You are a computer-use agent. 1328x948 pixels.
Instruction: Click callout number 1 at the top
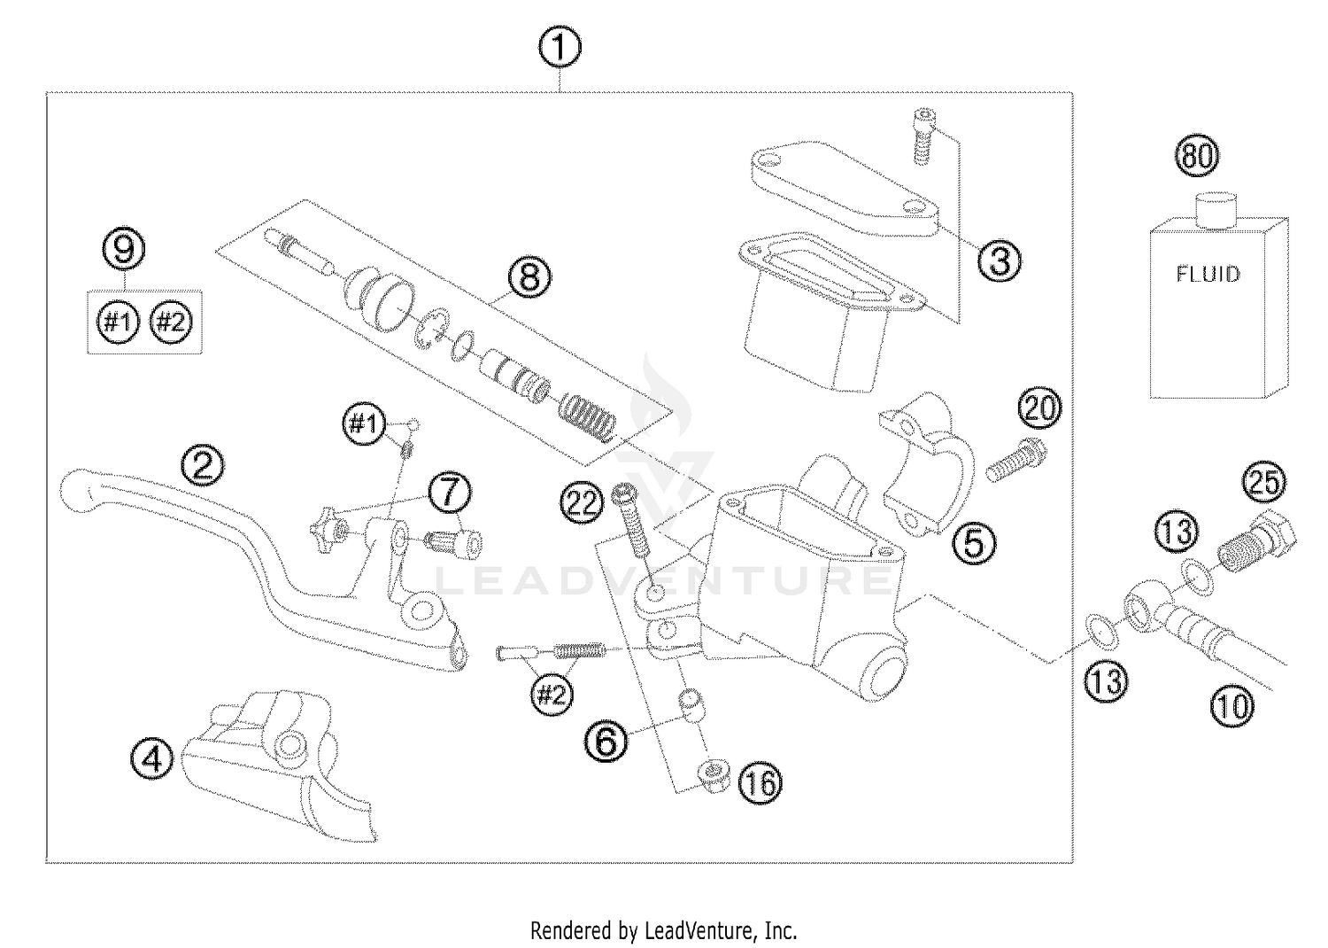coord(560,49)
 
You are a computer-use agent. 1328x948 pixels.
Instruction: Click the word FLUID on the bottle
coord(1208,274)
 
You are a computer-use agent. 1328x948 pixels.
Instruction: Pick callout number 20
coord(1038,408)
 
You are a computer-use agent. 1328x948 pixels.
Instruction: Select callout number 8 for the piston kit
coord(529,277)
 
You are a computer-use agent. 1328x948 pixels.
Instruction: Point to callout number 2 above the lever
coord(203,465)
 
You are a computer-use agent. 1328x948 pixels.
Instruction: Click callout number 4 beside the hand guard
coord(152,758)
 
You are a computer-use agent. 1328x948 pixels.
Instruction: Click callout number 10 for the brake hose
coord(1232,706)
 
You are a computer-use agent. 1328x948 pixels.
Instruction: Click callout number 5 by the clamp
coord(972,543)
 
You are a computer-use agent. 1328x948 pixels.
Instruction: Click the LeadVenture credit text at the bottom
coord(663,931)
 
